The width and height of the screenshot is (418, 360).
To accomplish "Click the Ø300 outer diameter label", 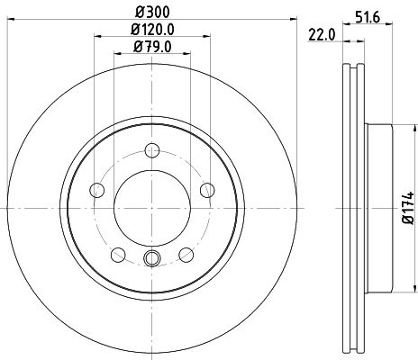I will tap(152, 12).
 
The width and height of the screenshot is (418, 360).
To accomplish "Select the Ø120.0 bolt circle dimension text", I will tap(152, 30).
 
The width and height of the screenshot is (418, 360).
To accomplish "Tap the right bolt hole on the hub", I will tap(206, 189).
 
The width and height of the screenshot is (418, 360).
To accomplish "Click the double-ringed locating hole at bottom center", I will tap(151, 261).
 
